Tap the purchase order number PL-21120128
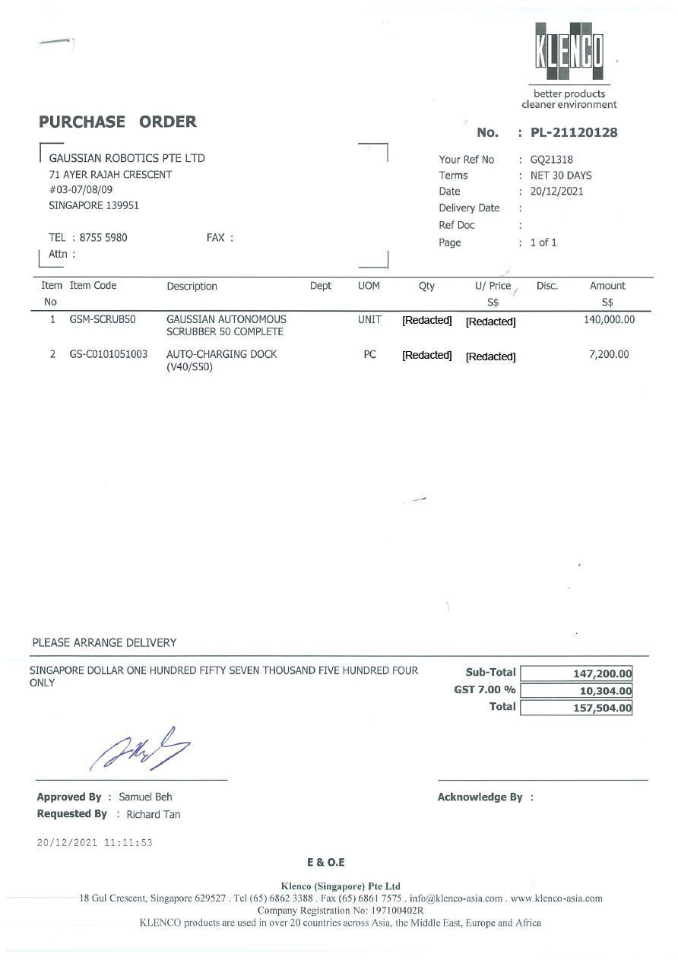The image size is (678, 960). [x=574, y=133]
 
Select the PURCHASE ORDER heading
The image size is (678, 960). [x=118, y=122]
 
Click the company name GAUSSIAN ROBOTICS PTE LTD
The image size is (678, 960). [x=127, y=158]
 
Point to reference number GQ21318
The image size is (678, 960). [x=551, y=160]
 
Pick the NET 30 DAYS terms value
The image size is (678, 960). [x=561, y=176]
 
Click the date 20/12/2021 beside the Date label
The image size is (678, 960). [x=556, y=192]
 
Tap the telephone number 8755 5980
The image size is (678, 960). [x=103, y=237]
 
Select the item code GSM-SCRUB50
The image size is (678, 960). [x=102, y=319]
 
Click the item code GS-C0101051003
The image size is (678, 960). [x=109, y=354]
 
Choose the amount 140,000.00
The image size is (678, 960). [x=609, y=319]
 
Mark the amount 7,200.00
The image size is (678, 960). [x=609, y=354]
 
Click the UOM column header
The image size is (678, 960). [x=369, y=286]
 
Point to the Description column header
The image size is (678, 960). [x=192, y=287]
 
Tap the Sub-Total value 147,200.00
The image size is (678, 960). [x=602, y=673]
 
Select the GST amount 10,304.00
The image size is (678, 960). [x=605, y=691]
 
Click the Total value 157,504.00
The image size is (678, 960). [x=602, y=708]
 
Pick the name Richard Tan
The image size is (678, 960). [x=154, y=814]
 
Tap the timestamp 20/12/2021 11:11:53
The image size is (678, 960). [x=95, y=842]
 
